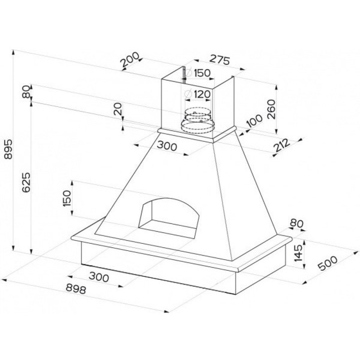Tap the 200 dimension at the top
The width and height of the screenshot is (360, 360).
[130, 60]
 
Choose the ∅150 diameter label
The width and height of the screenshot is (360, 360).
[198, 73]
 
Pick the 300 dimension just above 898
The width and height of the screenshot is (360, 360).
[99, 277]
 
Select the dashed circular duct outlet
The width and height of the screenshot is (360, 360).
[197, 121]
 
